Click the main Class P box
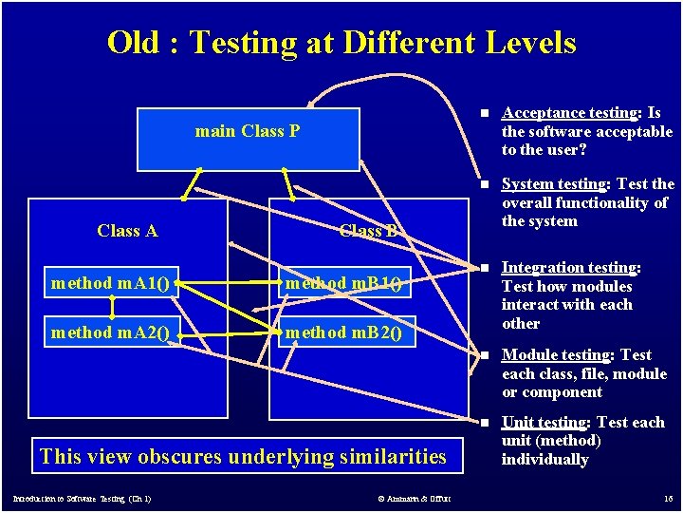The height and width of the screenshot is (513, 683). (248, 138)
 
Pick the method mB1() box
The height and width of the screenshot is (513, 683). (343, 282)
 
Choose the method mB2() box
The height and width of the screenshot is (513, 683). (343, 332)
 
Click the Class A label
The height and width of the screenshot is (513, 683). (127, 231)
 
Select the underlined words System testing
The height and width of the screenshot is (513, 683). (553, 184)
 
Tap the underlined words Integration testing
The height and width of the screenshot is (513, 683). (568, 268)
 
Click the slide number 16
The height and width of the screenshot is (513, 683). (668, 498)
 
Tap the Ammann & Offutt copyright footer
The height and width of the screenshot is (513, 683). (414, 499)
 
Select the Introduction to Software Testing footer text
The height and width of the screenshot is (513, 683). (82, 499)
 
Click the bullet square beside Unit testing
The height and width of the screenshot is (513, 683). (484, 423)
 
